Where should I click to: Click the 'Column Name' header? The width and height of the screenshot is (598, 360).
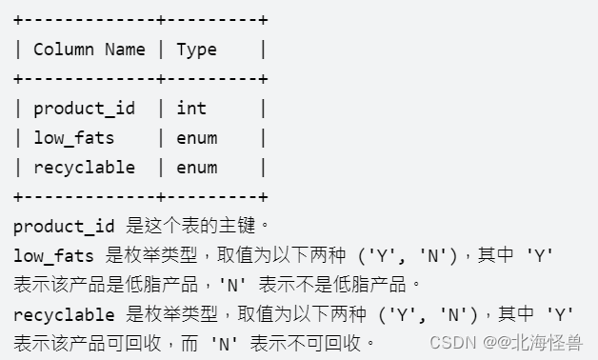point(89,50)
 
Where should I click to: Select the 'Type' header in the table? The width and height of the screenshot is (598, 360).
point(196,50)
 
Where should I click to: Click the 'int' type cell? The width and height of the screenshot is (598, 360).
point(190,109)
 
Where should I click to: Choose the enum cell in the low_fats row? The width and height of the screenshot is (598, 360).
point(196,138)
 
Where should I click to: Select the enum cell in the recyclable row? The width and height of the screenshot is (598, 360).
point(196,168)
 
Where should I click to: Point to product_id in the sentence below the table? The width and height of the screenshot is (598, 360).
point(64,226)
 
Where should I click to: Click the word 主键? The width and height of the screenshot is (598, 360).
point(240,226)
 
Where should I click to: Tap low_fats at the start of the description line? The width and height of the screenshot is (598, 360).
point(53,255)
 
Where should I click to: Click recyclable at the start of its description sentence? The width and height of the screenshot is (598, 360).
point(64,314)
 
